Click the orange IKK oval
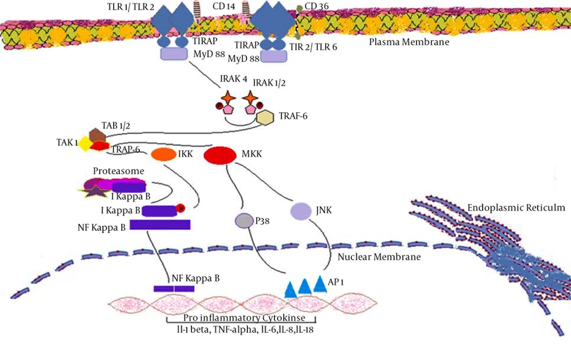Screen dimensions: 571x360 pos(163,154)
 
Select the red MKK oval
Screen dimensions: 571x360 pos(220,155)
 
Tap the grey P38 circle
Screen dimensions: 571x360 pos(244,221)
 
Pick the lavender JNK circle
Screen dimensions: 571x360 pos(301,211)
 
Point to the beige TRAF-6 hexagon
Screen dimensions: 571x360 pos(265,117)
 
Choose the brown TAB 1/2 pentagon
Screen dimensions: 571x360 pos(98,135)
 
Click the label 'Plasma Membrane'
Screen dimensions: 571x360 pos(409,42)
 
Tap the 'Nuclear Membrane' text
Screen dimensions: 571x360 pos(379,257)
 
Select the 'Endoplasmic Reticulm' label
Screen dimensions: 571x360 pos(516,207)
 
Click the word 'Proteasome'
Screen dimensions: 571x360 pos(118,171)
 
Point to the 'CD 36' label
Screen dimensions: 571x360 pos(316,6)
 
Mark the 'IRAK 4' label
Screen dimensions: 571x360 pos(234,79)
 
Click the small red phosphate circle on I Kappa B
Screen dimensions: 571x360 pos(180,208)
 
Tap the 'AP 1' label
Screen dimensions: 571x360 pos(336,282)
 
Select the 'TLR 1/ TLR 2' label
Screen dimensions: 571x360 pos(130,7)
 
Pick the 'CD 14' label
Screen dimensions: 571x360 pos(224,6)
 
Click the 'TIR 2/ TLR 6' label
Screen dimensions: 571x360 pos(313,47)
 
